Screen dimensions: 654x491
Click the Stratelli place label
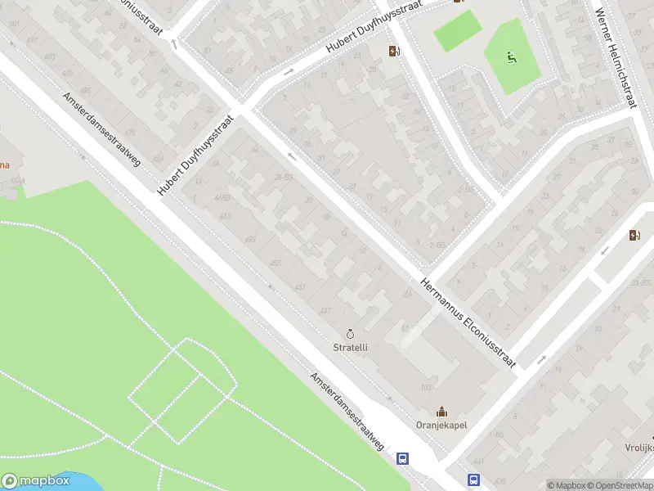coord(351,347)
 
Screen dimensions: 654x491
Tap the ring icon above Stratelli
coord(351,334)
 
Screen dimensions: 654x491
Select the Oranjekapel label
coord(441,425)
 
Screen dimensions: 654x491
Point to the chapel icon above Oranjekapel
coord(442,411)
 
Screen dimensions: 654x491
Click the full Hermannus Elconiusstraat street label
coord(469,322)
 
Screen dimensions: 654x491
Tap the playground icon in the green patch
coord(511,56)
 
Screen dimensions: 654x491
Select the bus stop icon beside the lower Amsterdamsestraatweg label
coord(403,459)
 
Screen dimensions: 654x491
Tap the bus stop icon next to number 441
coord(473,480)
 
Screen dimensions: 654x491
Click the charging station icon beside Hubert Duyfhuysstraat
coord(395,52)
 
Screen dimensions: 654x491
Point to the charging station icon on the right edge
coord(635,236)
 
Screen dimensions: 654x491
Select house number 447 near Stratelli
coord(325,310)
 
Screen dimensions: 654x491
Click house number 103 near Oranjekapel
coord(425,386)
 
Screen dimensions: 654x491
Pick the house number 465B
coord(222,197)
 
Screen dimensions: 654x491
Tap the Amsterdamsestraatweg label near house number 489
coord(101,128)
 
